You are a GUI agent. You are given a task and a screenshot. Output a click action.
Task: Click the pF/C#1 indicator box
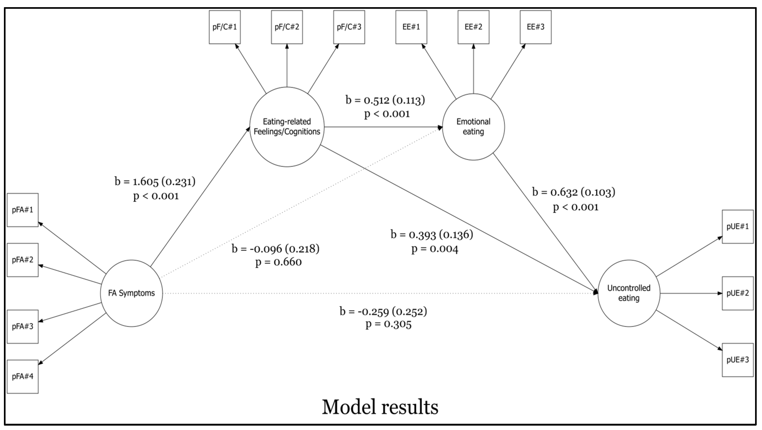pyautogui.click(x=225, y=27)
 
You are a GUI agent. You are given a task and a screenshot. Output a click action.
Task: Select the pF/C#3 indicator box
pyautogui.click(x=349, y=27)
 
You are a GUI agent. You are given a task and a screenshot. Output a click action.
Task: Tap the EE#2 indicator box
pyautogui.click(x=473, y=27)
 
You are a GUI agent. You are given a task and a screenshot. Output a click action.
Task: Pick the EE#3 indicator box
pyautogui.click(x=535, y=27)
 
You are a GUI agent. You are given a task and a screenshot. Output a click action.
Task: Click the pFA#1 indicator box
pyautogui.click(x=22, y=210)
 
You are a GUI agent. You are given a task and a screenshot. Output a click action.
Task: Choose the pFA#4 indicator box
pyautogui.click(x=22, y=376)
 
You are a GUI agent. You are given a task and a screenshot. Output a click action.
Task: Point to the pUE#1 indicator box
pyautogui.click(x=738, y=227)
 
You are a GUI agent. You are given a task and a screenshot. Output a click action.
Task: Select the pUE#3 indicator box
pyautogui.click(x=738, y=360)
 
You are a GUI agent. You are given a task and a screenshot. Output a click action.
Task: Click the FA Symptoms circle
pyautogui.click(x=131, y=293)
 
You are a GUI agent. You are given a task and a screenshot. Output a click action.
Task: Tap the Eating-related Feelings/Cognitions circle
pyautogui.click(x=287, y=127)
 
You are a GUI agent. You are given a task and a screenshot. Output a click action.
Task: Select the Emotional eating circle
pyautogui.click(x=473, y=127)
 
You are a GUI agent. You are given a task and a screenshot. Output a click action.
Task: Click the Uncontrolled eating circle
pyautogui.click(x=629, y=293)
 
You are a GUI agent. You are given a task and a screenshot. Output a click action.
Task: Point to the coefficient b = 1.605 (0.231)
pyautogui.click(x=155, y=182)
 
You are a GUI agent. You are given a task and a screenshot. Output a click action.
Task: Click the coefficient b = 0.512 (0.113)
pyautogui.click(x=385, y=100)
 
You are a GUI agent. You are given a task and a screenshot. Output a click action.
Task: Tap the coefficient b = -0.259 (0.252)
pyautogui.click(x=383, y=311)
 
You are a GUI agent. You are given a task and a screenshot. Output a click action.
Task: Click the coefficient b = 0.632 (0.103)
pyautogui.click(x=573, y=192)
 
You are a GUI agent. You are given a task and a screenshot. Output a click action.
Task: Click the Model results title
pyautogui.click(x=380, y=407)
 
